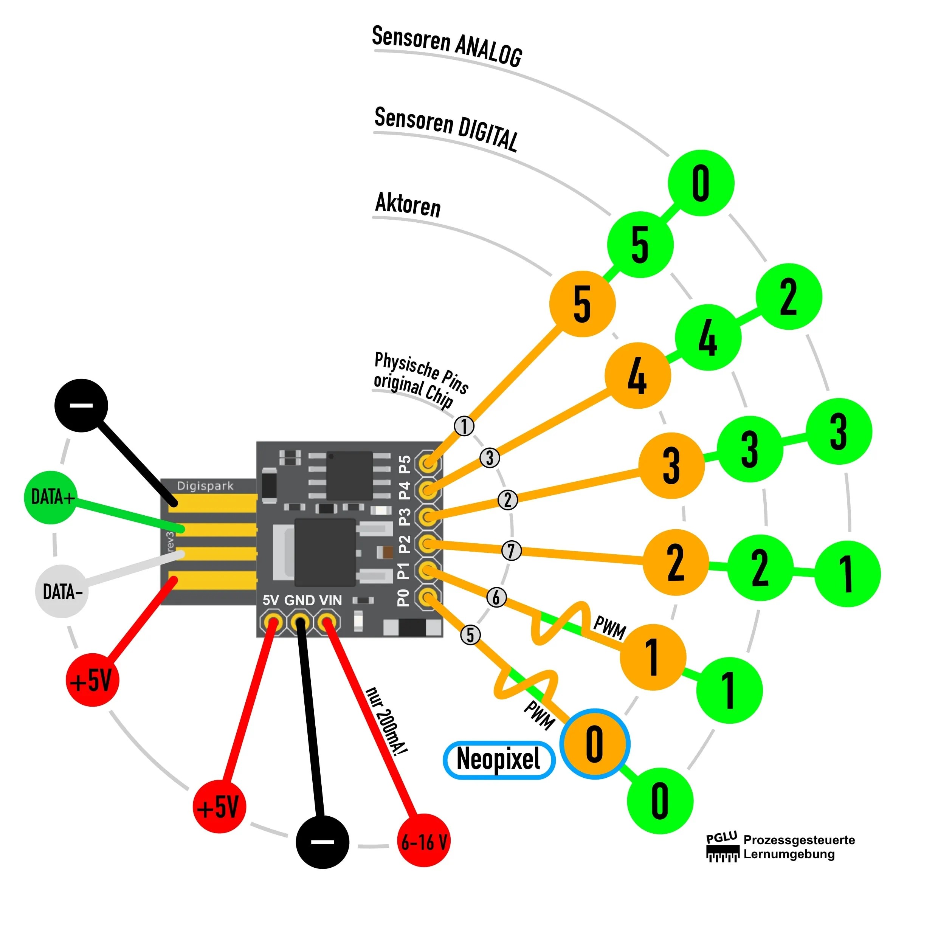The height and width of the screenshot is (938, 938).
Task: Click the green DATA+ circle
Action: (51, 497)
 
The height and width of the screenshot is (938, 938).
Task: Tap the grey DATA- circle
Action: (62, 591)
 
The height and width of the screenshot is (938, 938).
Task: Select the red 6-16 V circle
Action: (424, 841)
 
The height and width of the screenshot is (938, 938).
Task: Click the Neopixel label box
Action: (499, 760)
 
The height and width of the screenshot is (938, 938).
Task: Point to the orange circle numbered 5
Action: (582, 304)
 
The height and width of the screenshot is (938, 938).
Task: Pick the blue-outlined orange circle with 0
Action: (594, 743)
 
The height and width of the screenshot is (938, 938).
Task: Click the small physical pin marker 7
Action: (511, 550)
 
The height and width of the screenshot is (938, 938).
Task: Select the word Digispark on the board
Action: (205, 486)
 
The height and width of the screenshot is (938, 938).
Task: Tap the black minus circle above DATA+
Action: (81, 405)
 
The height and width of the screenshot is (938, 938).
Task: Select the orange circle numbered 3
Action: (671, 465)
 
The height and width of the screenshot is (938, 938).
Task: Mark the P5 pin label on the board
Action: (405, 464)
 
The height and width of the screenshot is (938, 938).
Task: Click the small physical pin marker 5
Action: (470, 634)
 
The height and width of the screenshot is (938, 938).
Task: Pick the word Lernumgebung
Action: (789, 854)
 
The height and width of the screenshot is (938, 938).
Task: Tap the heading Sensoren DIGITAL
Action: (446, 128)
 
